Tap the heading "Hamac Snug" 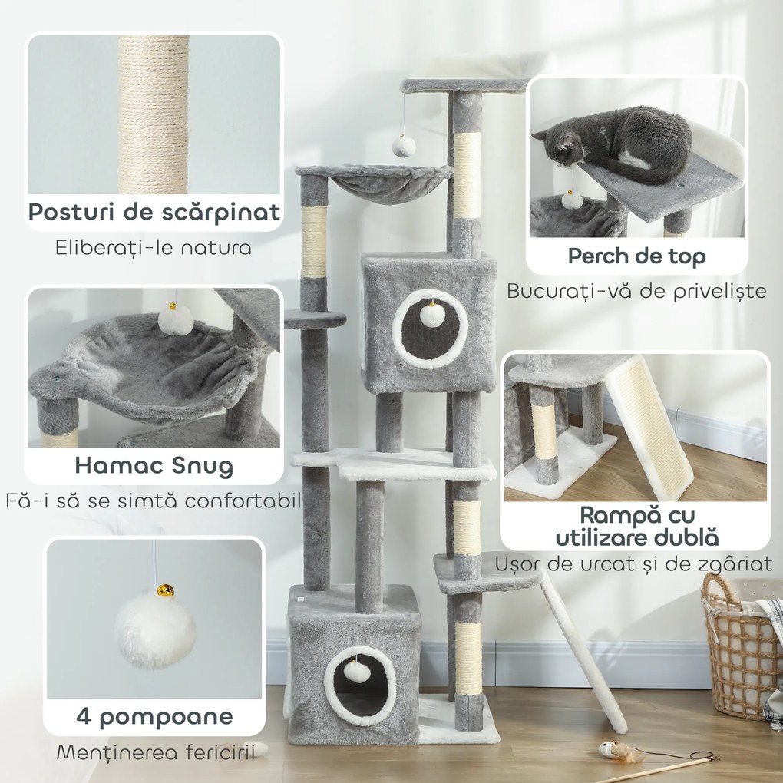click(154, 465)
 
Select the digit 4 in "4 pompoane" click(84, 716)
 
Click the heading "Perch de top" click(636, 256)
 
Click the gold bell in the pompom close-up click(165, 590)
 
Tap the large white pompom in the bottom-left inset click(155, 631)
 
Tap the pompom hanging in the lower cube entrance click(357, 671)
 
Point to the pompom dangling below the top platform click(404, 145)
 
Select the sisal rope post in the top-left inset click(154, 114)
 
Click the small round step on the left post click(315, 319)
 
